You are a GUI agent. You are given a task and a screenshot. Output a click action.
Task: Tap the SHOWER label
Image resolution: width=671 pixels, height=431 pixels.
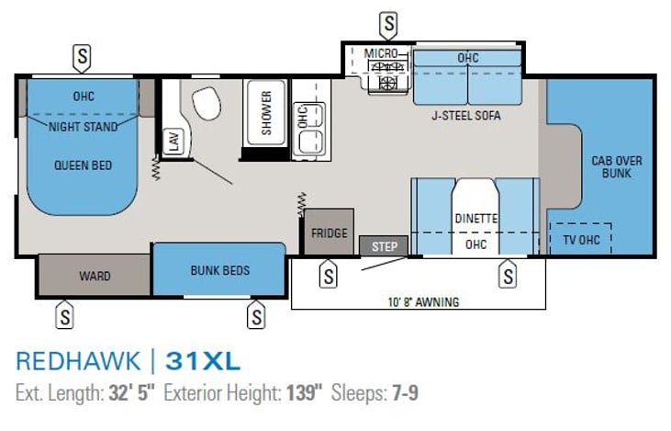266,113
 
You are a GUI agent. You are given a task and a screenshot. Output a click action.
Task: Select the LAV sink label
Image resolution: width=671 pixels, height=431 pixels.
174,141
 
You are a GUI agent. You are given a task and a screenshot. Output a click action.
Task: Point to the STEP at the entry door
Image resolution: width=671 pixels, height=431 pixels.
384,246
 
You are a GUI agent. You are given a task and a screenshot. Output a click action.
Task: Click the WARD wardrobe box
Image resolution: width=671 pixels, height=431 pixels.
95,275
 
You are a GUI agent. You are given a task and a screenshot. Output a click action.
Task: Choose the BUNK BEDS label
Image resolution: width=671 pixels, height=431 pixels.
220,270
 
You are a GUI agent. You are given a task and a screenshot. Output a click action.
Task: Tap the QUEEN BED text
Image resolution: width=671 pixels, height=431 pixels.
83,164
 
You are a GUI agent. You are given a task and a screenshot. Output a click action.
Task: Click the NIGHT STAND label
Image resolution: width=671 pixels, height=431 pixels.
83,127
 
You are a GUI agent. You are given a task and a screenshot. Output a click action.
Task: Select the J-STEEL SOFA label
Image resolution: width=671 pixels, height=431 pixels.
466,116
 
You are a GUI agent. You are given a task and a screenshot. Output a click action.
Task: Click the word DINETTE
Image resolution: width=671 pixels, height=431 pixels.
475,219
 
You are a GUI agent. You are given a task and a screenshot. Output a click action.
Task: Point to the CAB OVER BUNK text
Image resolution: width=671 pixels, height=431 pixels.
617,167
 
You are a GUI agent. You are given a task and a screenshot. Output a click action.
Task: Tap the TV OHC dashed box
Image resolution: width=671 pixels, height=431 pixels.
581,239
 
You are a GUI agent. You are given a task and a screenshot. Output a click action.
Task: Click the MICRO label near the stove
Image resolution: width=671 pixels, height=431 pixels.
380,53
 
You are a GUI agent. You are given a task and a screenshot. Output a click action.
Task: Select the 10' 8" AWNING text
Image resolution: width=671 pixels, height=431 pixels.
423,302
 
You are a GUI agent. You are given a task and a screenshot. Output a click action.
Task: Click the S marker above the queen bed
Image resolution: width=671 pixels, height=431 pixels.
83,57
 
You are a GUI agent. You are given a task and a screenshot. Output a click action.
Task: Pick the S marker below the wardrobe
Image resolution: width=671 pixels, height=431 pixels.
64,315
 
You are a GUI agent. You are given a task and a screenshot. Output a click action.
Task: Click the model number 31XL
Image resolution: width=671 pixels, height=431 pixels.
203,361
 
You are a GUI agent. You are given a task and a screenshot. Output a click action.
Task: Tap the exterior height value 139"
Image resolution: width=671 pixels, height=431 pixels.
304,393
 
